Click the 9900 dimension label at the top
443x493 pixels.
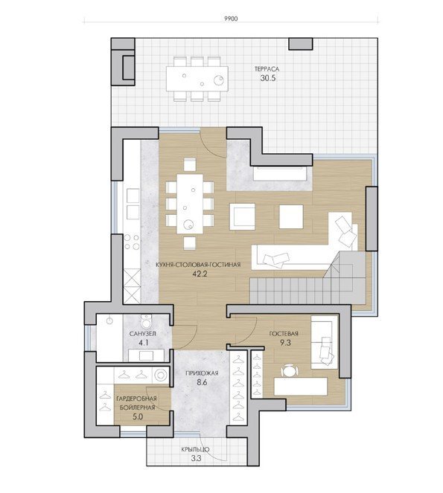[x=231, y=19]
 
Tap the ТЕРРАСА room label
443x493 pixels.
[x=267, y=69]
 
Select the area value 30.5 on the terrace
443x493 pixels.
[x=268, y=78]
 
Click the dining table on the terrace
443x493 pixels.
[x=197, y=79]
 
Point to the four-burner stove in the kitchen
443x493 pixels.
[x=132, y=242]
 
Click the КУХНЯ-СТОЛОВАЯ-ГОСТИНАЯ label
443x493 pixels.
[x=198, y=265]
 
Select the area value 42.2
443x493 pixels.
[x=200, y=274]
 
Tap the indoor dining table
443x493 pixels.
[x=190, y=204]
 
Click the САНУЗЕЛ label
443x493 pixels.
[x=143, y=333]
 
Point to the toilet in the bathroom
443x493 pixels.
[x=146, y=321]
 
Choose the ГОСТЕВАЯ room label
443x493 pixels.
[x=284, y=334]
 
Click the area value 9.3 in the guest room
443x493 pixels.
[x=285, y=343]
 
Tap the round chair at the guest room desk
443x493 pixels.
[x=289, y=371]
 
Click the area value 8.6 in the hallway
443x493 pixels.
[x=202, y=383]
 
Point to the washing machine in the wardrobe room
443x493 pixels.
[x=161, y=375]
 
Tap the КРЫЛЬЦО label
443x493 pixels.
[x=195, y=450]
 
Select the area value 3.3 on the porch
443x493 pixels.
[x=196, y=458]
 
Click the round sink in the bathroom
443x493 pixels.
[x=109, y=320]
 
